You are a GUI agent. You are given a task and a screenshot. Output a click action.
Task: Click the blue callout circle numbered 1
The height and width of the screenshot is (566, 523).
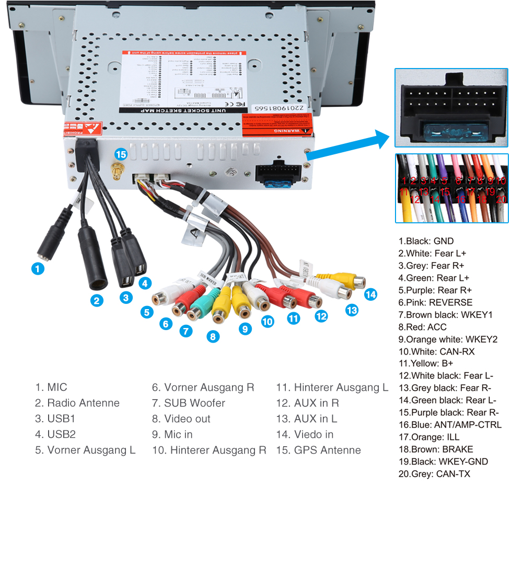(x=37, y=269)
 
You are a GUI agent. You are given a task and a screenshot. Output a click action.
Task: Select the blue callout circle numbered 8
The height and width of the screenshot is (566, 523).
(x=213, y=336)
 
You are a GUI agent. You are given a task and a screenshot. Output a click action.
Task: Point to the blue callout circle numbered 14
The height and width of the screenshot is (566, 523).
(x=370, y=295)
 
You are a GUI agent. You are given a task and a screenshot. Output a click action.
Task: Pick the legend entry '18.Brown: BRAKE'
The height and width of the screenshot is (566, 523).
(x=435, y=449)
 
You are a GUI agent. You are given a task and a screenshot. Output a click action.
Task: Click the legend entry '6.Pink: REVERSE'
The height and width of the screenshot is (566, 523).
(x=435, y=302)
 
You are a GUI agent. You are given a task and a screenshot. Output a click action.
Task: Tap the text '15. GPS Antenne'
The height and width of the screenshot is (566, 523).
(x=318, y=450)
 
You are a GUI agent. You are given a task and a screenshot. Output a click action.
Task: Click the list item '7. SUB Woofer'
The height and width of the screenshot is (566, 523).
(x=188, y=403)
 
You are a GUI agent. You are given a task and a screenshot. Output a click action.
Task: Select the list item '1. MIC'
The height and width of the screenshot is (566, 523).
(x=51, y=387)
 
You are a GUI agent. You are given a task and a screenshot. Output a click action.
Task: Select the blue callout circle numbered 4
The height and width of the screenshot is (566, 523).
(x=145, y=284)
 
